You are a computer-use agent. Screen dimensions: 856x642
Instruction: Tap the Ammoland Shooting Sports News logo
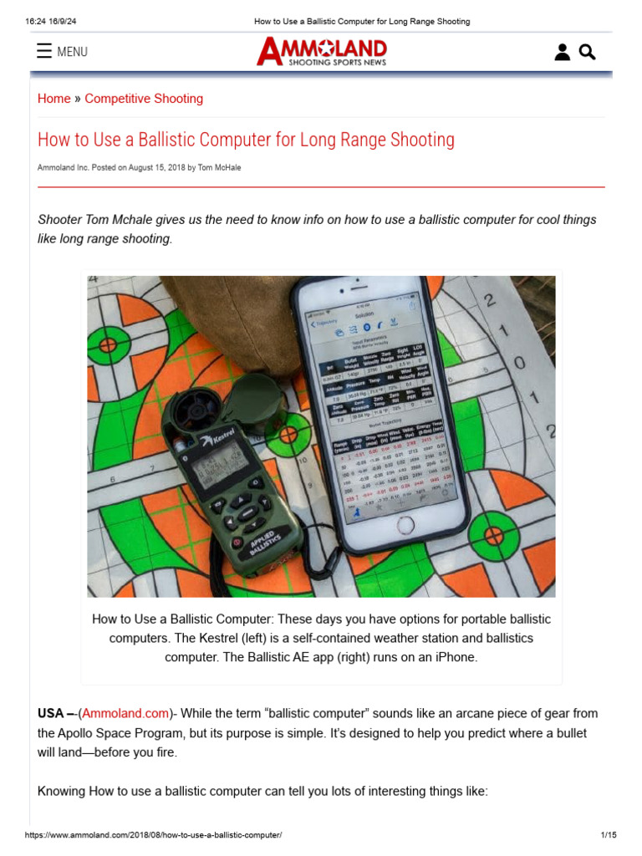322,52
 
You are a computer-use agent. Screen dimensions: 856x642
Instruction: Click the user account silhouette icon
563,53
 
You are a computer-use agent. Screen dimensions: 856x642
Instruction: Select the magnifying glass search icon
588,53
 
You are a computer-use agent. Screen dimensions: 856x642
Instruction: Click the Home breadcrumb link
54,99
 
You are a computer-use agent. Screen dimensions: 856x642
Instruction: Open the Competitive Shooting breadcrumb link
144,99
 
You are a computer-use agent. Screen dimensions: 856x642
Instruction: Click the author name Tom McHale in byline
221,168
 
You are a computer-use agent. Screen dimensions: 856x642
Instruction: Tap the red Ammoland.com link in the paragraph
125,713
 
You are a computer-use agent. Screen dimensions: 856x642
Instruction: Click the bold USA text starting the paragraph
51,713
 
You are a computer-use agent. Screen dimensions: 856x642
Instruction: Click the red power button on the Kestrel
237,543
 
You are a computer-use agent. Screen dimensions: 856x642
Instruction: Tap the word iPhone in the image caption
456,657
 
